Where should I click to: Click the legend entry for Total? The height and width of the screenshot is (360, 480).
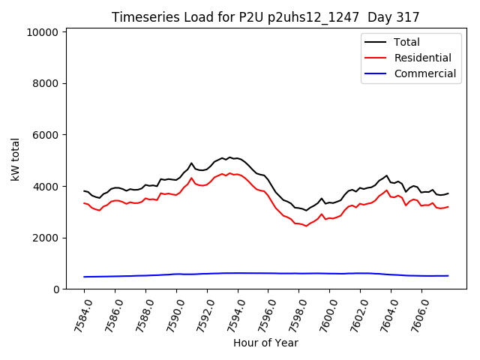click(406, 42)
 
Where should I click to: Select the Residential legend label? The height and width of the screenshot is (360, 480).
click(422, 58)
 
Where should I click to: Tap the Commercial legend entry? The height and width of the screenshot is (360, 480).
click(424, 73)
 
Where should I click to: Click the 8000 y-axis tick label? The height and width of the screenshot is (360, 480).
click(46, 84)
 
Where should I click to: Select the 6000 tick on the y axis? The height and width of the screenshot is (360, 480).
click(46, 135)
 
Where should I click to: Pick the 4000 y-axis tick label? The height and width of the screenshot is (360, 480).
click(46, 187)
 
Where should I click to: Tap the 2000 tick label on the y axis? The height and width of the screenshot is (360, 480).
click(46, 238)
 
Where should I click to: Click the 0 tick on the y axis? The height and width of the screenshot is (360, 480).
click(56, 289)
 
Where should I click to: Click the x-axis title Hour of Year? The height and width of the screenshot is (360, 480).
click(265, 343)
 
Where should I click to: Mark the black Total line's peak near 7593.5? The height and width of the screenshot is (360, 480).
click(229, 157)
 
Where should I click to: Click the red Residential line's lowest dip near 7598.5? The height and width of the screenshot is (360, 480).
click(306, 226)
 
